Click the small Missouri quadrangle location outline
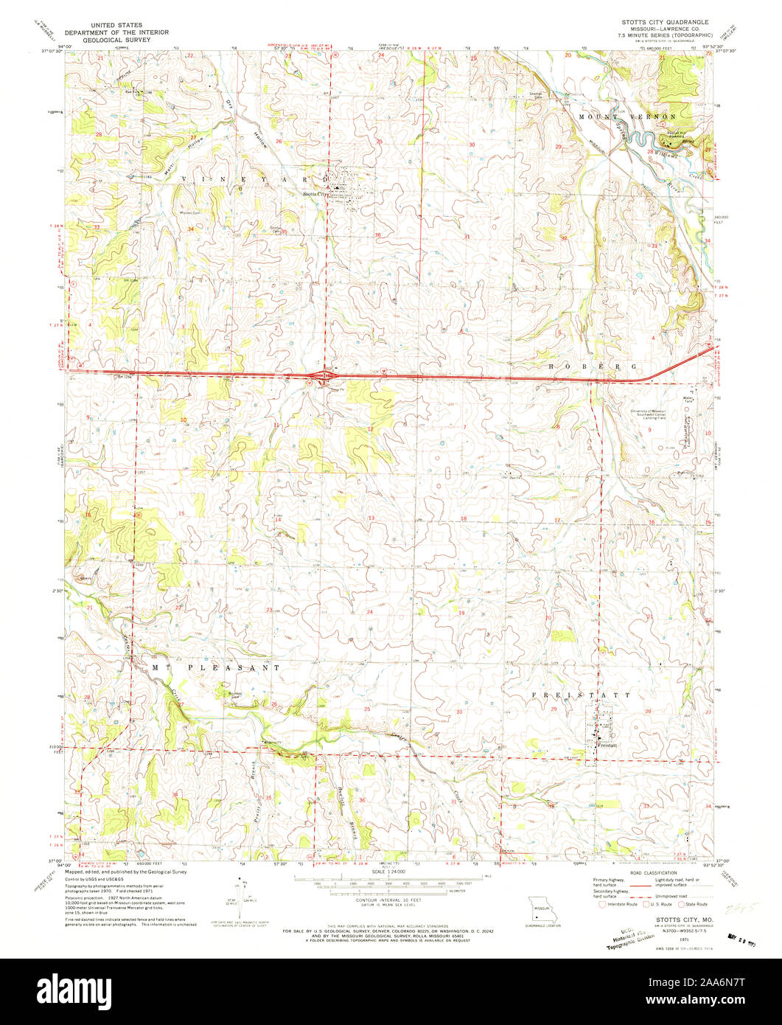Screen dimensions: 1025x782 541,906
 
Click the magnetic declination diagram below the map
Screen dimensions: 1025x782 241,896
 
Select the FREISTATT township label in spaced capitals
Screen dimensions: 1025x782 581,695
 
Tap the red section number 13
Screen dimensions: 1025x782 371,518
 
